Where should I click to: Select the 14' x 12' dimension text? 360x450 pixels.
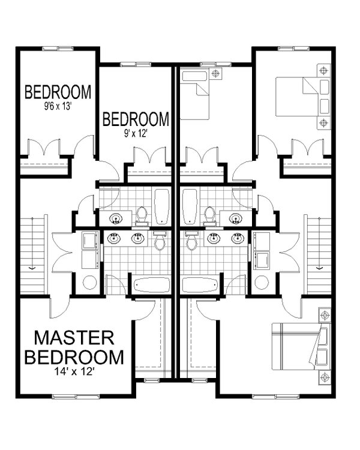[x=74, y=371]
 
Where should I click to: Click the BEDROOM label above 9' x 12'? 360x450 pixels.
[x=136, y=119]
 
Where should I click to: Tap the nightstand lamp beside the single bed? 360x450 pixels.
[x=215, y=75]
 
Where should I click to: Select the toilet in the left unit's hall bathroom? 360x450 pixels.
[x=142, y=215]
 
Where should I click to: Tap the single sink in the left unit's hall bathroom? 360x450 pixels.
[x=117, y=217]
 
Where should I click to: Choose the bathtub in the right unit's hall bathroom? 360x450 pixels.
[x=190, y=206]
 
